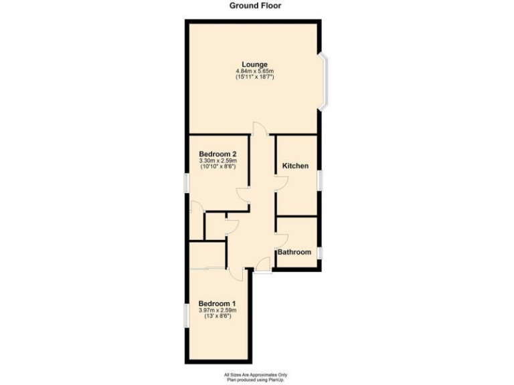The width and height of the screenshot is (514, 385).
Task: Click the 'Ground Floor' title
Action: pos(256,5)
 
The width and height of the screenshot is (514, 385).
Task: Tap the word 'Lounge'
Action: pos(255,65)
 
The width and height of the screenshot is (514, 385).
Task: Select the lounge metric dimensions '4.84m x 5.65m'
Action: pos(255,72)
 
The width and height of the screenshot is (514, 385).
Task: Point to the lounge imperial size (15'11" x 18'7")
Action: pos(255,78)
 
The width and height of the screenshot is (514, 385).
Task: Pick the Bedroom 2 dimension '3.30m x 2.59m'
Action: pos(218,161)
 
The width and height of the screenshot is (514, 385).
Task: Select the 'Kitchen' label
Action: pos(295,166)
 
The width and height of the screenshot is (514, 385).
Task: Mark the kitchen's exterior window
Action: pos(320,180)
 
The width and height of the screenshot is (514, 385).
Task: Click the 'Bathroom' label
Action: pos(295,252)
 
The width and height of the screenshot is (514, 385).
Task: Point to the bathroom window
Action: pos(320,253)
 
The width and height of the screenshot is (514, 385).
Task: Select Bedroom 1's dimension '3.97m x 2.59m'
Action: pos(218,310)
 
